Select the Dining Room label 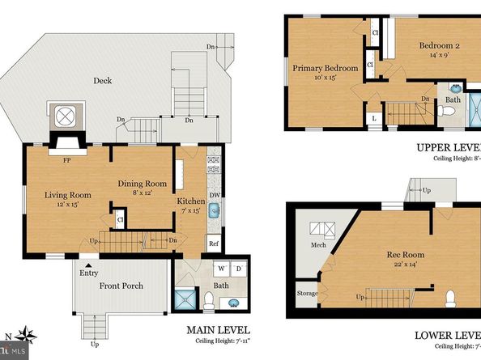pos(142,183)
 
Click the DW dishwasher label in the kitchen pos(214,194)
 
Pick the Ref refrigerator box pos(214,242)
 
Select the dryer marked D pos(239,268)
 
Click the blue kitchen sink pos(215,211)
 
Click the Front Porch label pos(122,286)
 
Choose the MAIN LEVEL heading pos(218,330)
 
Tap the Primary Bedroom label pos(326,69)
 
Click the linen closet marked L pos(374,119)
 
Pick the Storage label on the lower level pos(308,293)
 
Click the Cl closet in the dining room pos(120,219)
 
